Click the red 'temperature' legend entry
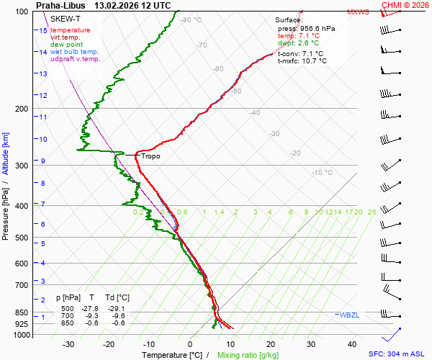click(70, 30)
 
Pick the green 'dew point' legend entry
click(66, 45)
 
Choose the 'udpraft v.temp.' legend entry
click(75, 59)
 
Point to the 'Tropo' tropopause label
click(150, 156)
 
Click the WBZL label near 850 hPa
click(350, 315)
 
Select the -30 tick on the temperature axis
click(69, 344)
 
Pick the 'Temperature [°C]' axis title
click(172, 355)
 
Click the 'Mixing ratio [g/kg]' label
click(248, 355)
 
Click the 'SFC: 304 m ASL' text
click(397, 354)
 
